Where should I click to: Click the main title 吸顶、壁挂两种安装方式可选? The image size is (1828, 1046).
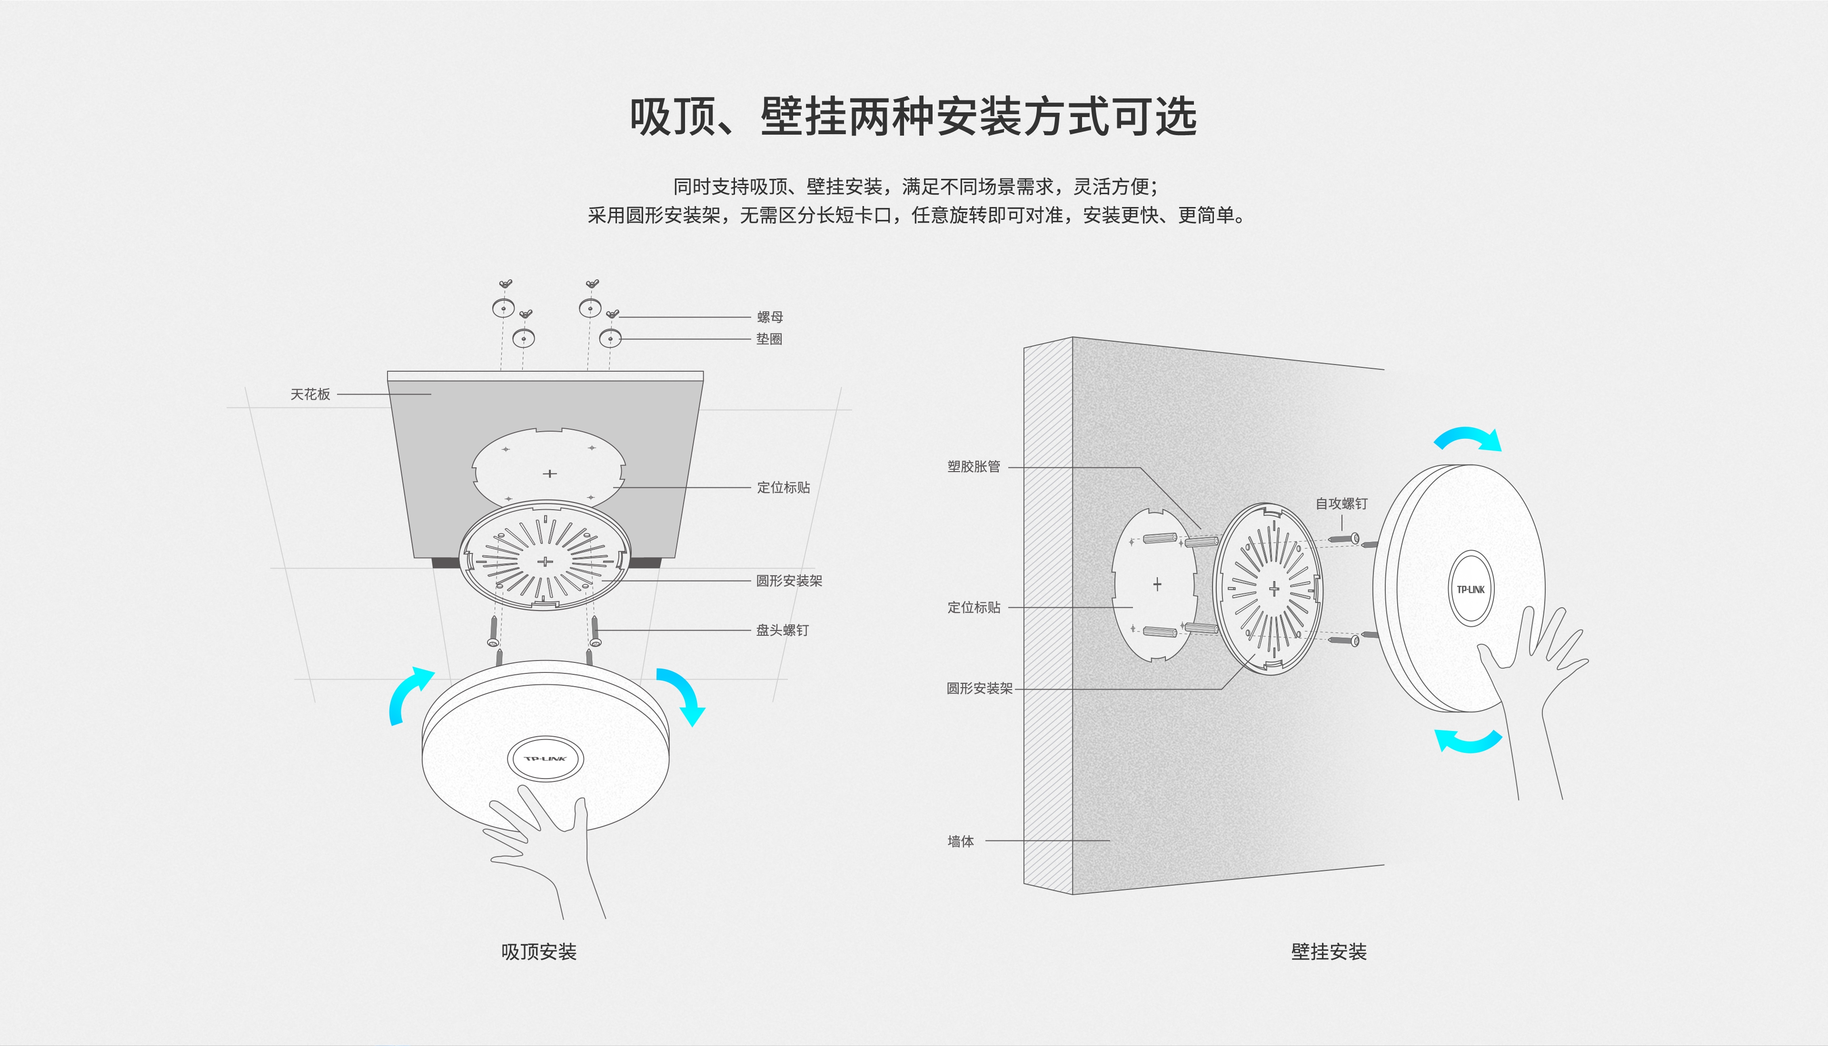913,117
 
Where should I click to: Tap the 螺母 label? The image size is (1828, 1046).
770,317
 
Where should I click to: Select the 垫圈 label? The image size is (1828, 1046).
769,339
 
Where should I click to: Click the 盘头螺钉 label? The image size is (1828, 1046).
783,630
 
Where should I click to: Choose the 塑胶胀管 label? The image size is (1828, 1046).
974,466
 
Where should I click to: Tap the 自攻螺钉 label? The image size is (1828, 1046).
1341,503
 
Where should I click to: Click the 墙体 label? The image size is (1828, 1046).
961,841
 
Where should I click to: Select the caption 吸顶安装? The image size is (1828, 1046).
539,952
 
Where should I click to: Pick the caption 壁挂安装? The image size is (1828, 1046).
1329,952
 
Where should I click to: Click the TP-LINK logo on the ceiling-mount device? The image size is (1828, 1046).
546,759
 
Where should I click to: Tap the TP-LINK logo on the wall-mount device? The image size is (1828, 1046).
1471,590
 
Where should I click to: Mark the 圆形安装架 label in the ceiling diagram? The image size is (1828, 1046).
789,581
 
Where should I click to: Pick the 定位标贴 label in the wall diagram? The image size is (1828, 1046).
974,607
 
